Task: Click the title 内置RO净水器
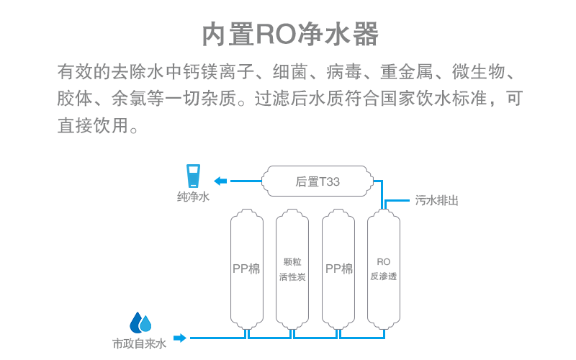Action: click(x=289, y=34)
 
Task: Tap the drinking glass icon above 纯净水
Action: click(x=193, y=177)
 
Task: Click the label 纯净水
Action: click(x=193, y=197)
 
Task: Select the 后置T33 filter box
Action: click(x=318, y=182)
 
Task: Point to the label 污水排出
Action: click(x=436, y=201)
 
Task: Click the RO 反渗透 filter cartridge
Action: click(x=383, y=269)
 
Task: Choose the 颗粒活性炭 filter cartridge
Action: click(x=292, y=269)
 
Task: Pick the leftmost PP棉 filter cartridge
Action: click(x=246, y=269)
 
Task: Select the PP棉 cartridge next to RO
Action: click(x=338, y=269)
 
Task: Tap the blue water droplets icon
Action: click(x=140, y=322)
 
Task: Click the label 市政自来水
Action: click(x=140, y=344)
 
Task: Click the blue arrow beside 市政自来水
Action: click(x=179, y=337)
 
